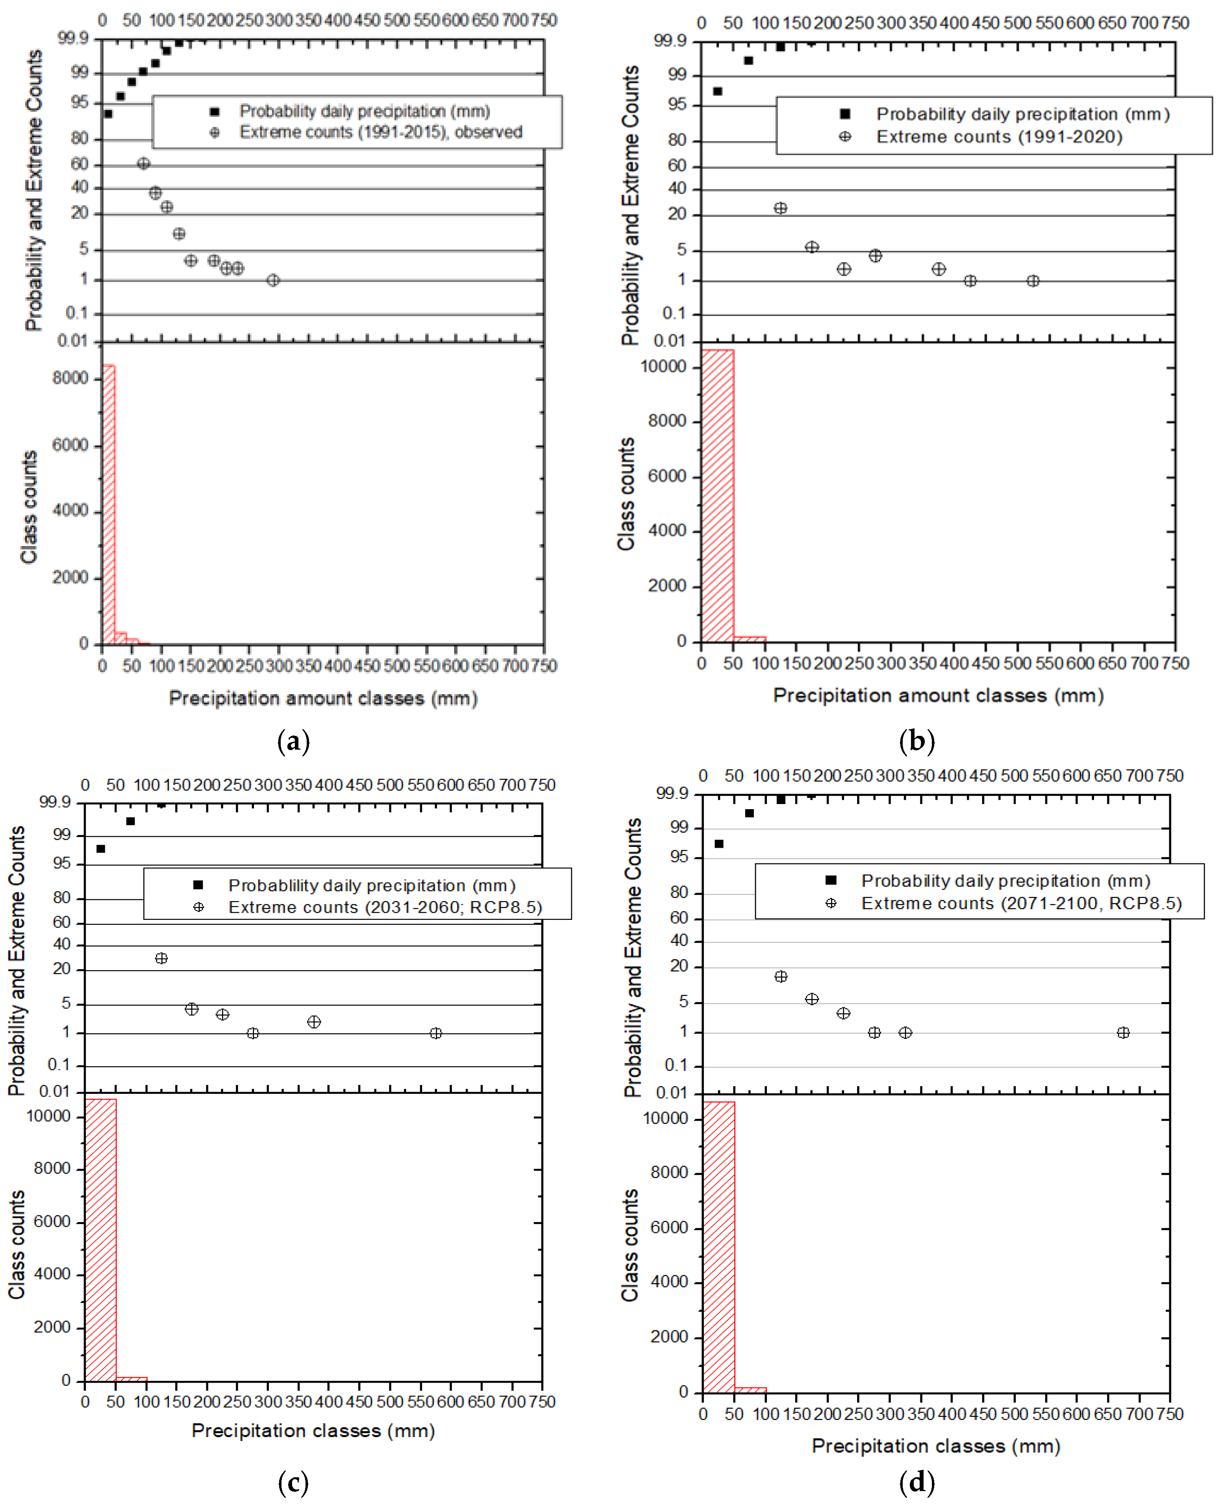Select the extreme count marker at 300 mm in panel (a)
[x=273, y=280]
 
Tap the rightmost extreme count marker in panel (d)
[x=1123, y=1033]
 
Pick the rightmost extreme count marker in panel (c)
[x=436, y=1033]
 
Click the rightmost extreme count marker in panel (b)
[x=1033, y=281]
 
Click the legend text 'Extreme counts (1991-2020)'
[x=999, y=137]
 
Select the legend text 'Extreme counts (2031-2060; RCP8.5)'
[x=385, y=907]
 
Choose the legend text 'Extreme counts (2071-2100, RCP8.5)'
[x=1021, y=903]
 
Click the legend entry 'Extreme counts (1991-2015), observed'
[x=381, y=132]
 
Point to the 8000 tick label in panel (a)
[x=70, y=378]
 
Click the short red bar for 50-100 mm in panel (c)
[x=131, y=1378]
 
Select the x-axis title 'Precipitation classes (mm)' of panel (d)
[x=935, y=1446]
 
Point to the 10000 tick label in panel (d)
[x=665, y=1118]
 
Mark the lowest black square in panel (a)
[x=108, y=113]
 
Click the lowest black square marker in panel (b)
[x=717, y=91]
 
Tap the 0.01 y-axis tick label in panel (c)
[x=55, y=1092]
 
